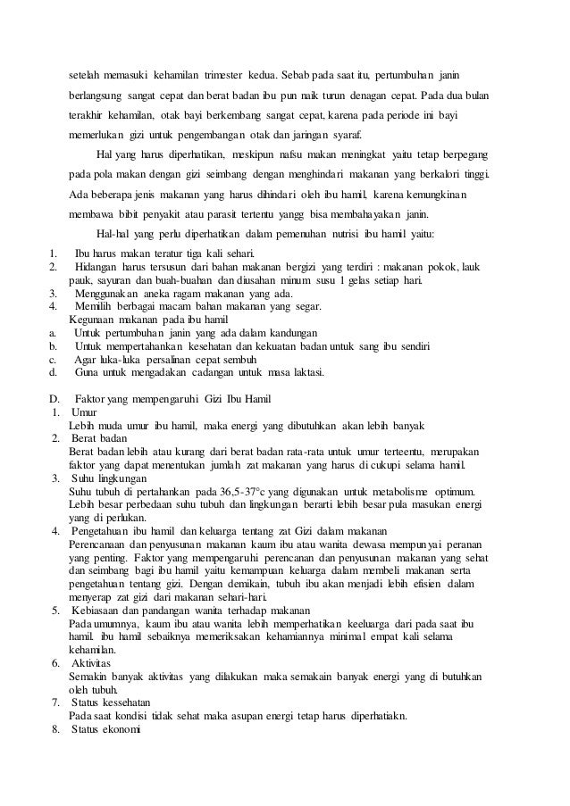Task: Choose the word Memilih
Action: (96, 305)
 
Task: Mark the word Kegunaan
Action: (94, 319)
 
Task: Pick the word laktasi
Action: (305, 371)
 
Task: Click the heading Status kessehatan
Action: (114, 702)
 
